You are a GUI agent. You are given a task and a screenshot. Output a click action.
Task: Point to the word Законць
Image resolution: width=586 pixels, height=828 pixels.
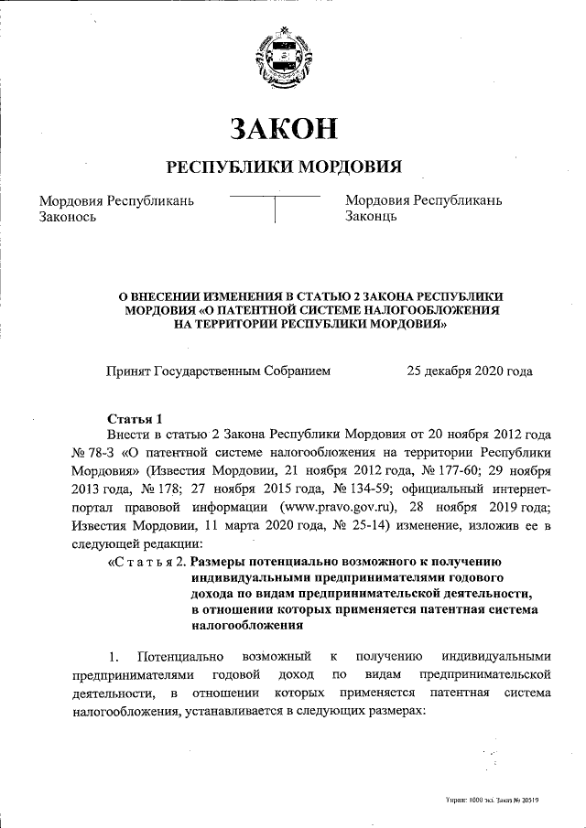pos(371,217)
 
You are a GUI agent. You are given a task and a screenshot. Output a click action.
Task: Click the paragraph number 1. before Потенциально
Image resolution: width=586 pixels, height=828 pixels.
pos(114,656)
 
